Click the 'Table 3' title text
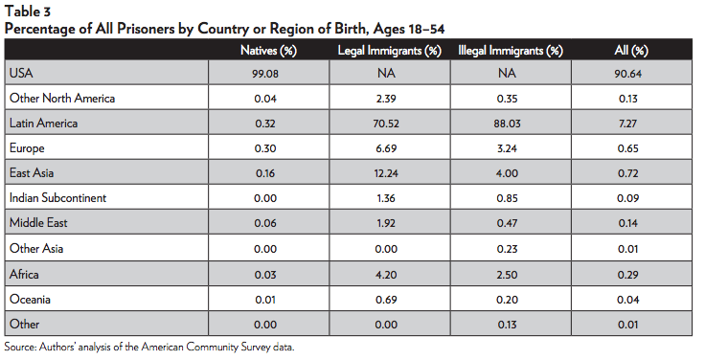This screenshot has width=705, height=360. point(28,11)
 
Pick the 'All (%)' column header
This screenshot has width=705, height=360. point(631,49)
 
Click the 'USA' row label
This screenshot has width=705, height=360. point(20,73)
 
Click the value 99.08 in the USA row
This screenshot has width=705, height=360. point(270,73)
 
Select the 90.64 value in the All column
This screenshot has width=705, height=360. point(631,73)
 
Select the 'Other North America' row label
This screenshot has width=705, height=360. point(57,98)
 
